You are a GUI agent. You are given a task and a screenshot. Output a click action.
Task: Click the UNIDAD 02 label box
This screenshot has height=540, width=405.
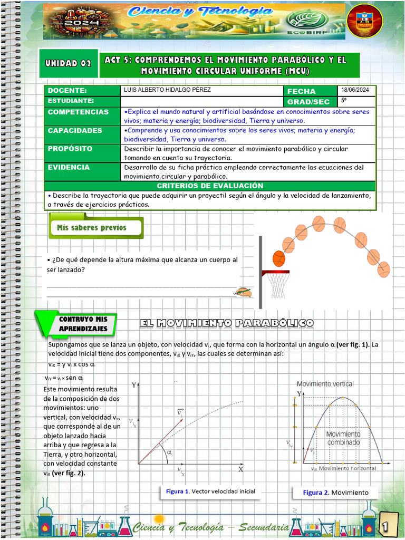click(x=68, y=64)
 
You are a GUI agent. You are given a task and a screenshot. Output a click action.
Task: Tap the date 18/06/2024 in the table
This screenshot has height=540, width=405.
click(x=355, y=90)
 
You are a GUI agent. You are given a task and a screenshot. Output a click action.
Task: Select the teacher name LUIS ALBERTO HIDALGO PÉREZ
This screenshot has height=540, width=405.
click(x=167, y=90)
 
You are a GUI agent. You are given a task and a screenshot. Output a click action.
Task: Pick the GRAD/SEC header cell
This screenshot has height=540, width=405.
click(x=308, y=102)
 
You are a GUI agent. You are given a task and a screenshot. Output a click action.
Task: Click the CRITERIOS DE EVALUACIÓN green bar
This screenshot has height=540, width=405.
click(x=210, y=186)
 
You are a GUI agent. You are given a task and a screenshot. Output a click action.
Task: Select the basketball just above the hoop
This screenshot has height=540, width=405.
click(x=278, y=259)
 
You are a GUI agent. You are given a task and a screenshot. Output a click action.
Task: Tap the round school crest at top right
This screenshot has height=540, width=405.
click(x=365, y=22)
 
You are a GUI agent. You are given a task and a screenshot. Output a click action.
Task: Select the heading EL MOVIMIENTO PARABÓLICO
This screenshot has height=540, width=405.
click(x=227, y=323)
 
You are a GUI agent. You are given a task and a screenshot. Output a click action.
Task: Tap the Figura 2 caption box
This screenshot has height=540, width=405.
click(x=335, y=493)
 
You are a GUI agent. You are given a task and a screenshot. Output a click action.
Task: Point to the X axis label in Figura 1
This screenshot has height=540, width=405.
click(x=240, y=469)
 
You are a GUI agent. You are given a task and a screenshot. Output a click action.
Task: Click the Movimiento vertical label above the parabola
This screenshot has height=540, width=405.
click(x=325, y=384)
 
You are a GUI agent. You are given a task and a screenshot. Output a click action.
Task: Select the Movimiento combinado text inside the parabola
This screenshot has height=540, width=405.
click(x=342, y=438)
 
